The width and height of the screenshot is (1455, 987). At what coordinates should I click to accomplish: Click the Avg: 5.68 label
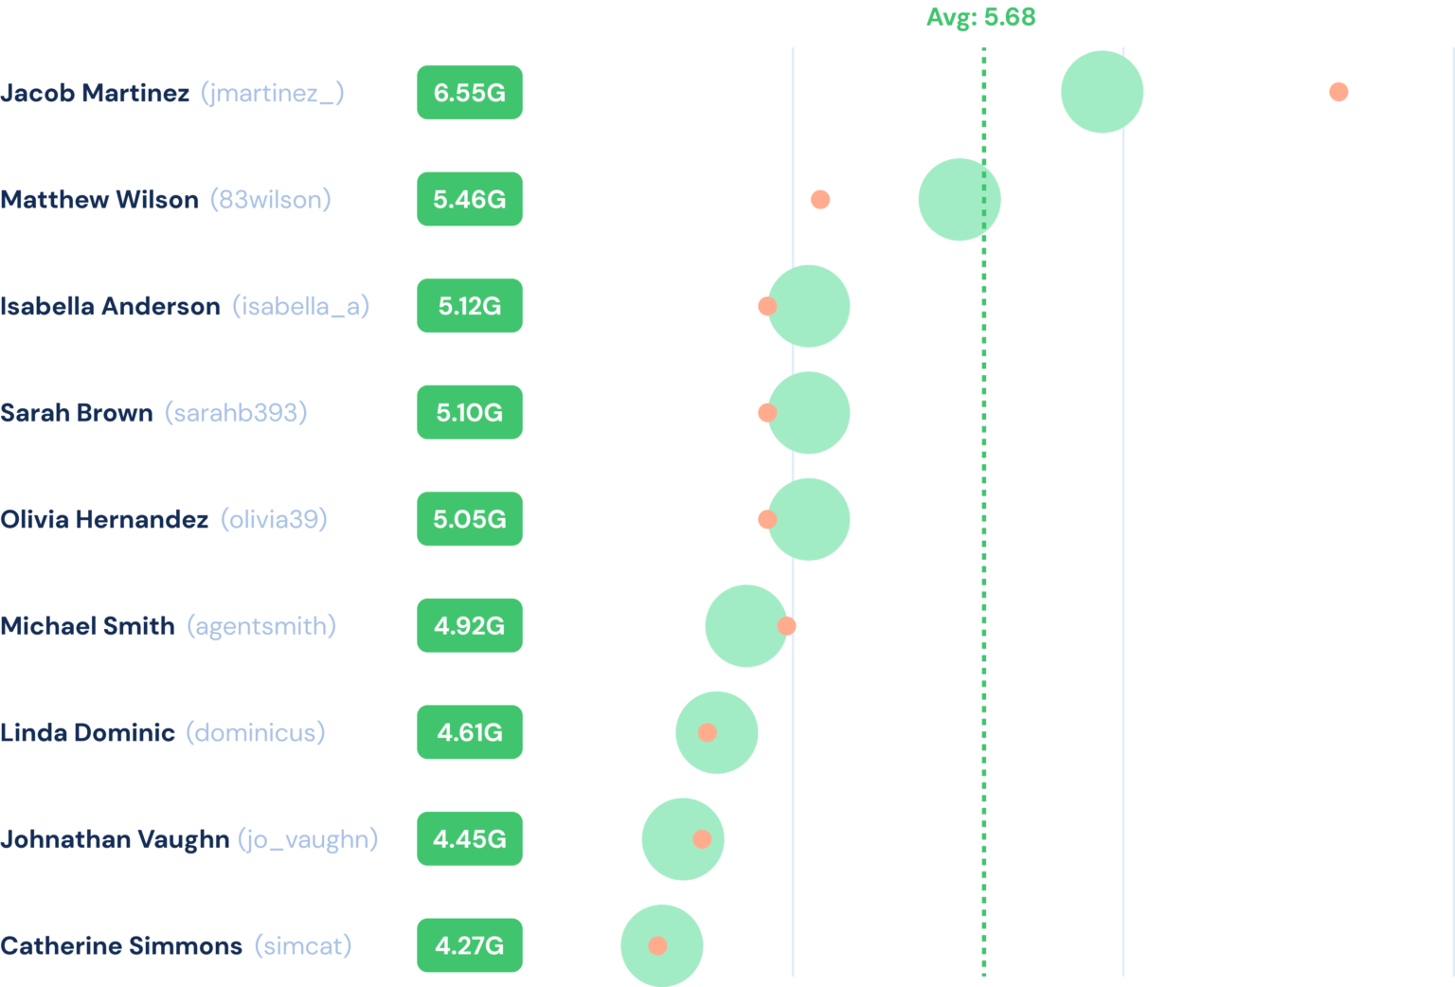click(980, 17)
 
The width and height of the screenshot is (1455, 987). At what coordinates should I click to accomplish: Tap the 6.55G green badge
click(469, 93)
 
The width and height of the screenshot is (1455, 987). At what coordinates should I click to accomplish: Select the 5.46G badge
click(469, 199)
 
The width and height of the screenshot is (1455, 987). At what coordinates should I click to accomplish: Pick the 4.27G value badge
click(469, 945)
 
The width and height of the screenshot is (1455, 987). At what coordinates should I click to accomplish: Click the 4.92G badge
click(469, 626)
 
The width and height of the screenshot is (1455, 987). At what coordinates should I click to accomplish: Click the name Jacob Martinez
click(95, 93)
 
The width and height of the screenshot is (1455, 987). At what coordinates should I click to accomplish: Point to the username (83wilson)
click(270, 199)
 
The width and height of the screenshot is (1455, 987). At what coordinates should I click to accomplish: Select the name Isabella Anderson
click(110, 306)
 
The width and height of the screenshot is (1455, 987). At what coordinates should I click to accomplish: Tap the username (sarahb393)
click(236, 413)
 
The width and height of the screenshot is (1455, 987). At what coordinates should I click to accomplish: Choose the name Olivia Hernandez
click(104, 519)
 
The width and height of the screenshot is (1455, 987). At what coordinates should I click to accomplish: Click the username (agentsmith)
click(261, 626)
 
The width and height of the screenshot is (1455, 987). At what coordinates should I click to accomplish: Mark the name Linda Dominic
click(87, 732)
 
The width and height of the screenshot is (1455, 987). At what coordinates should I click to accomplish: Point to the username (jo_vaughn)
click(308, 839)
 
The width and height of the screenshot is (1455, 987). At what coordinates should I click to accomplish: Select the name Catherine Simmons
click(121, 945)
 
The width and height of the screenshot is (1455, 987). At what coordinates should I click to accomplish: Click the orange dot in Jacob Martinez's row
click(1338, 92)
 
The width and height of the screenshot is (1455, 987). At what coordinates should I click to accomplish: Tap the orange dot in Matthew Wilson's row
click(820, 199)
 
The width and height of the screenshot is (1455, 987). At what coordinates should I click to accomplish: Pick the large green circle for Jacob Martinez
click(1102, 92)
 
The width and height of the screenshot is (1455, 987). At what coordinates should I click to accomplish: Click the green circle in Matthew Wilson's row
click(959, 199)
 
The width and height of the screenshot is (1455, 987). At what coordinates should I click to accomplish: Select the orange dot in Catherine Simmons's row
click(657, 945)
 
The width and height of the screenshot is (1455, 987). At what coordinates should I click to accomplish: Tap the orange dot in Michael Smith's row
click(786, 626)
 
